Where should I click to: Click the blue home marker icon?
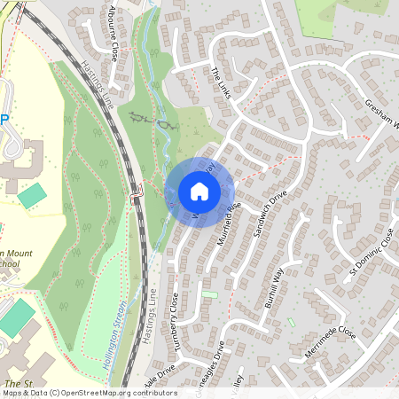click(x=199, y=191)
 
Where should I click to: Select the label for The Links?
click(x=221, y=82)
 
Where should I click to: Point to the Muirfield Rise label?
click(x=229, y=225)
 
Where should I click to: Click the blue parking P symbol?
click(x=4, y=119)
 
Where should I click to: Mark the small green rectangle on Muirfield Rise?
click(x=209, y=294)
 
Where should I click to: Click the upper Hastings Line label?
click(x=102, y=89)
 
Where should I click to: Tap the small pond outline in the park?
click(x=165, y=127)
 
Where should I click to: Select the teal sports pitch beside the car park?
click(x=32, y=195)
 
